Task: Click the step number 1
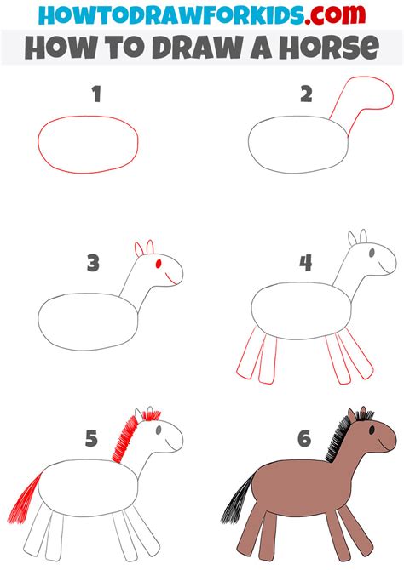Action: [96, 95]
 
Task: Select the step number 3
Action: [94, 263]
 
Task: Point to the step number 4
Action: [304, 263]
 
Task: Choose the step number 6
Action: [304, 439]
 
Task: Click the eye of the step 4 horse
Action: [369, 253]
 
